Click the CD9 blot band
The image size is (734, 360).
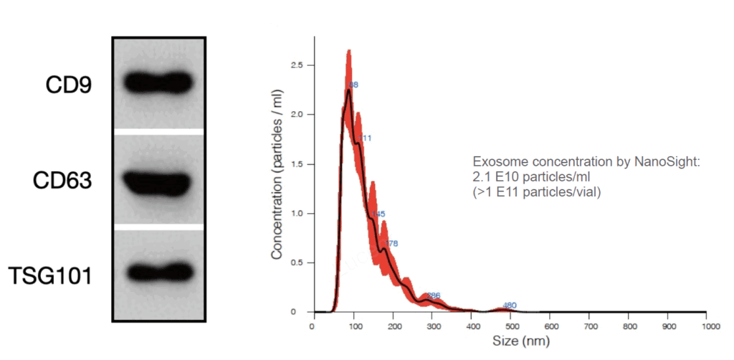(x=158, y=82)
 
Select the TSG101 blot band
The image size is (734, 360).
(x=158, y=273)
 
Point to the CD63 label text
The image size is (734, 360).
(x=62, y=181)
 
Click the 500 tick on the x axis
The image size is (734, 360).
(x=509, y=326)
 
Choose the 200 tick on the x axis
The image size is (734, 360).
(x=391, y=326)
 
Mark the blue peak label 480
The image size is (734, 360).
(x=510, y=305)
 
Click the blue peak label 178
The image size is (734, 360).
(x=391, y=244)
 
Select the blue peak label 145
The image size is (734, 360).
(x=379, y=214)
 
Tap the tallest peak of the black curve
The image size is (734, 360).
(x=349, y=90)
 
